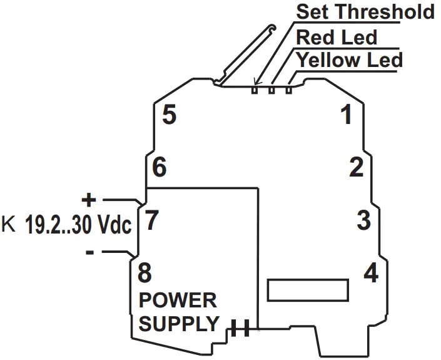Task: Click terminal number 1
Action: [345, 115]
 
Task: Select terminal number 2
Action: [356, 168]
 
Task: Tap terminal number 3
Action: [363, 220]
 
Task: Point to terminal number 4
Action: [371, 274]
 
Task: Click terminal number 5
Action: [169, 115]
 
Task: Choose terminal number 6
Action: [160, 168]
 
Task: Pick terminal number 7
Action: [152, 220]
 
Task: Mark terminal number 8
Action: [144, 274]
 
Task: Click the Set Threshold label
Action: [365, 11]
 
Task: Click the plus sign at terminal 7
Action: [89, 200]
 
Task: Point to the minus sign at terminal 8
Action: [90, 252]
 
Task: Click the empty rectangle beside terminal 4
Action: [307, 290]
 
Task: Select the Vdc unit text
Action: [113, 225]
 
